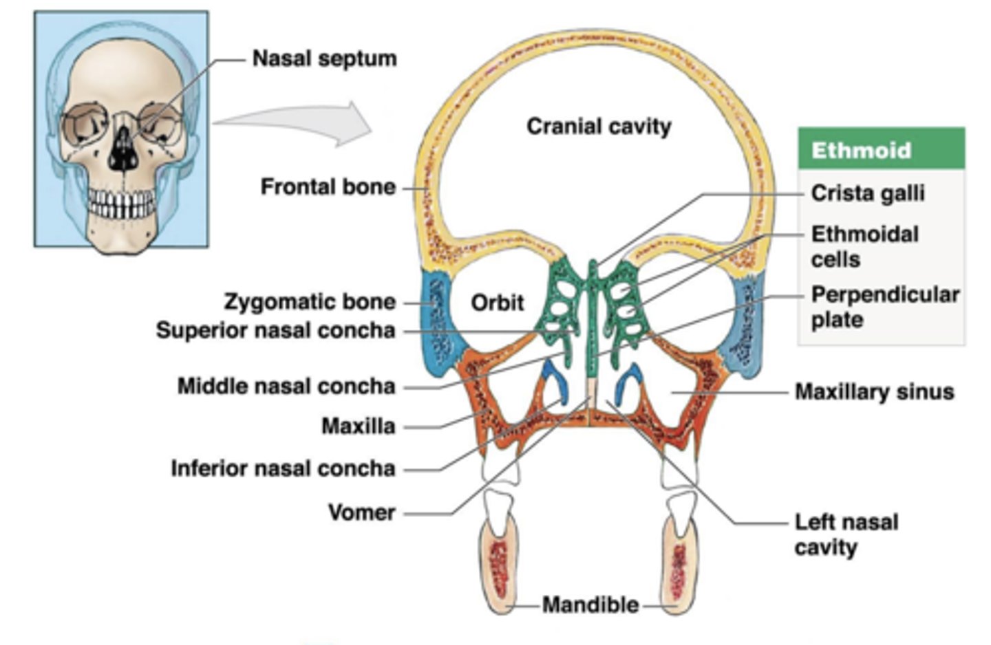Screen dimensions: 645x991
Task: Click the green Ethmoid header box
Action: click(x=881, y=149)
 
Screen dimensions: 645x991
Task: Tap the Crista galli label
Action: click(x=867, y=193)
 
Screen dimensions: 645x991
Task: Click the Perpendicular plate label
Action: click(x=884, y=307)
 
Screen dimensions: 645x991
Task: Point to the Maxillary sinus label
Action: click(x=874, y=392)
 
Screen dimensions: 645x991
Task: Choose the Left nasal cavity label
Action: click(x=846, y=534)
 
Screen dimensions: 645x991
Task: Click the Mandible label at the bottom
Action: click(x=590, y=605)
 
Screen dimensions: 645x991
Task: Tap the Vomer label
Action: click(x=361, y=512)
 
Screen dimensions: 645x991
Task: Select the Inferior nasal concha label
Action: click(x=283, y=469)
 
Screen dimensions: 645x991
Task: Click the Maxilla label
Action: click(x=358, y=426)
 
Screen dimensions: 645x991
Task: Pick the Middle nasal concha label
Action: click(x=286, y=386)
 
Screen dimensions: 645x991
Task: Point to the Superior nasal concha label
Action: click(x=275, y=331)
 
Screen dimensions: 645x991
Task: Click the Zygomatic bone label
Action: click(x=310, y=302)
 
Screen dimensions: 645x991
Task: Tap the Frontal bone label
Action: click(x=328, y=187)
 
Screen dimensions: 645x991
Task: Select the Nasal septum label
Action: click(x=324, y=58)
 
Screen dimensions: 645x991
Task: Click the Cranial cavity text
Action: click(x=598, y=127)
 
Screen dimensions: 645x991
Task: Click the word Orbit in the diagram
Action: click(x=497, y=303)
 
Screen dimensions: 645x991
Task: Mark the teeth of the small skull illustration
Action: click(x=122, y=204)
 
